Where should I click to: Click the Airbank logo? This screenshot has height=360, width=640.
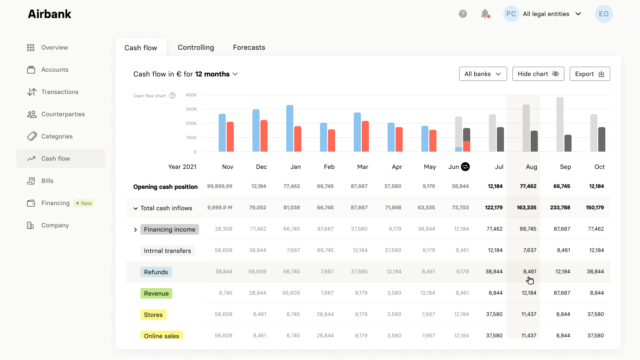coord(49,14)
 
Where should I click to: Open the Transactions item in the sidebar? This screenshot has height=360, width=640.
coord(60,92)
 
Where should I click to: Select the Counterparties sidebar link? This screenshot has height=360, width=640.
coord(63,114)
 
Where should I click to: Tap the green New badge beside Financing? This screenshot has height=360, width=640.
coord(84,203)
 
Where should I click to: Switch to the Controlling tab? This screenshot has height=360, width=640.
coord(196,47)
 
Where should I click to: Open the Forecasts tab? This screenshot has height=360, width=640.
coord(249,47)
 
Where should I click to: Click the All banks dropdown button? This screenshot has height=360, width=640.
coord(483,74)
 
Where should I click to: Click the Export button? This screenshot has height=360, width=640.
coord(589,74)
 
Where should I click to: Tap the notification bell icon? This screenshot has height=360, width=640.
coord(485,14)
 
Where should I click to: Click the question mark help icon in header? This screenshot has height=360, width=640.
coord(463,14)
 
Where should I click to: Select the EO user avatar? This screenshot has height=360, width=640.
coord(604,14)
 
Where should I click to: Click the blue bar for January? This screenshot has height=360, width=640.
coord(290,128)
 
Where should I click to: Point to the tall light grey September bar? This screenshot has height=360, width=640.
coord(560,124)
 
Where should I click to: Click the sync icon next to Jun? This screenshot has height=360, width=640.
coord(465,167)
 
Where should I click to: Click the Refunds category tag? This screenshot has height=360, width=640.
coord(156,272)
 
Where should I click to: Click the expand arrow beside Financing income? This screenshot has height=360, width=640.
coord(136,230)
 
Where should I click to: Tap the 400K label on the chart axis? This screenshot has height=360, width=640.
coord(191,95)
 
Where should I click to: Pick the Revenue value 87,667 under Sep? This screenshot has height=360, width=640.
coord(563,293)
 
